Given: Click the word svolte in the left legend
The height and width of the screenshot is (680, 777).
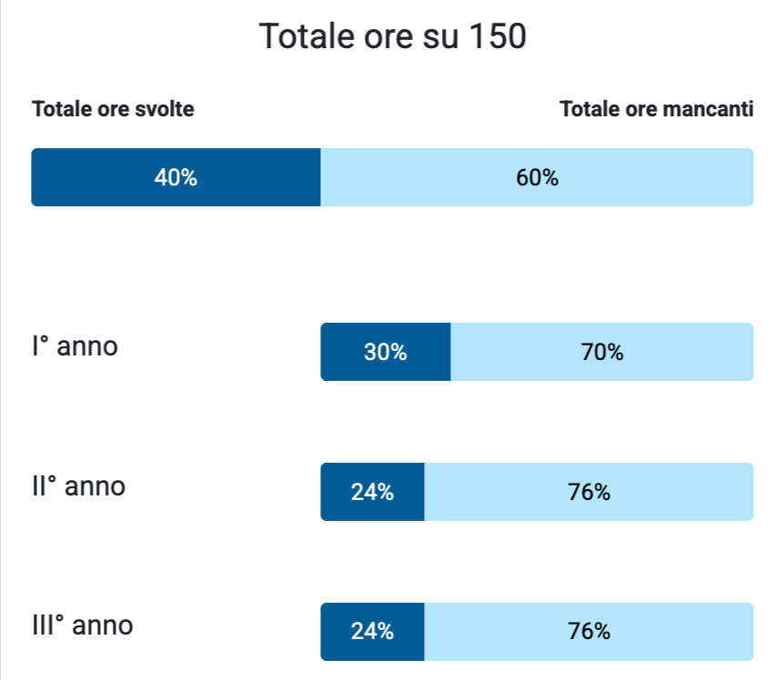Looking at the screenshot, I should coord(164,110).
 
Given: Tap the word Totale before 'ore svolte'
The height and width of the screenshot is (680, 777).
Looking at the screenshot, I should coord(62,110).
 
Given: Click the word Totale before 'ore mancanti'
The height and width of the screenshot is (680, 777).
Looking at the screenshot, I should coord(590,110).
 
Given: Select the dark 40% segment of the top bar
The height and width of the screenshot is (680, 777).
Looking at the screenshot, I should coord(176,177).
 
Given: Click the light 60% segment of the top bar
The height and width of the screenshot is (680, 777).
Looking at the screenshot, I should coord(537,177).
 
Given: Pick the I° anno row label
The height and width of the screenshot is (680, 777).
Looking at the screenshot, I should coord(75,346).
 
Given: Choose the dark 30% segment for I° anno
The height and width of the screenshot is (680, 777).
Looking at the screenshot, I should coord(385,352).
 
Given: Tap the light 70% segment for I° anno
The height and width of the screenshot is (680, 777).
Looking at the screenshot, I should coord(602,352).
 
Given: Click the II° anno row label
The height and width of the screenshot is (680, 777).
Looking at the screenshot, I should coord(78,486).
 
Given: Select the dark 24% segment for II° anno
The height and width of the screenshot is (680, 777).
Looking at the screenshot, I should coord(372,492).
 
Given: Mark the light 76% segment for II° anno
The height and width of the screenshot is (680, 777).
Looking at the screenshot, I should coord(589,492).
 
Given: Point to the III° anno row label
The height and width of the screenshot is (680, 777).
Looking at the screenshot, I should coord(82,626).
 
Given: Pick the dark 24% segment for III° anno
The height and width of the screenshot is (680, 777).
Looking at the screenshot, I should coord(372,632).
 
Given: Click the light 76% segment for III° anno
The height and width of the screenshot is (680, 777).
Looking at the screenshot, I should coord(589,632).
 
